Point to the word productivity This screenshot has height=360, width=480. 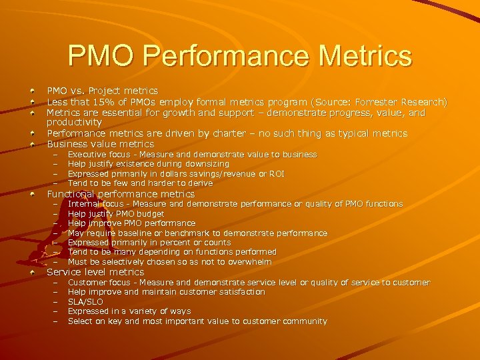coord(74,123)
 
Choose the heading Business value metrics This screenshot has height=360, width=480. coord(100,144)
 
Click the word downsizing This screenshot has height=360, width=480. coord(206,164)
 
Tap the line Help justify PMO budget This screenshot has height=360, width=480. coord(116,214)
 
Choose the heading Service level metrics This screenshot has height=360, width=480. coord(95,272)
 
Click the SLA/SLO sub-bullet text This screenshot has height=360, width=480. coord(85,302)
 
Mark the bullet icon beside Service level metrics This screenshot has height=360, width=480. coord(33,272)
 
